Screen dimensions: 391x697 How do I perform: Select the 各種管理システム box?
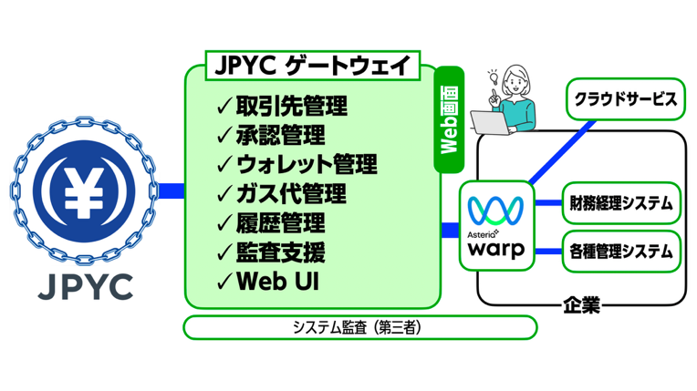coord(620,248)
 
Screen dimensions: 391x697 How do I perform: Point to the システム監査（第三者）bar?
coord(360,327)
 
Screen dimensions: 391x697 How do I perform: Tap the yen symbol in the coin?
coord(87,190)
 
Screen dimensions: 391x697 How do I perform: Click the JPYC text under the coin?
coord(87,287)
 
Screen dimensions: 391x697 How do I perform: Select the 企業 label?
coord(581,304)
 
